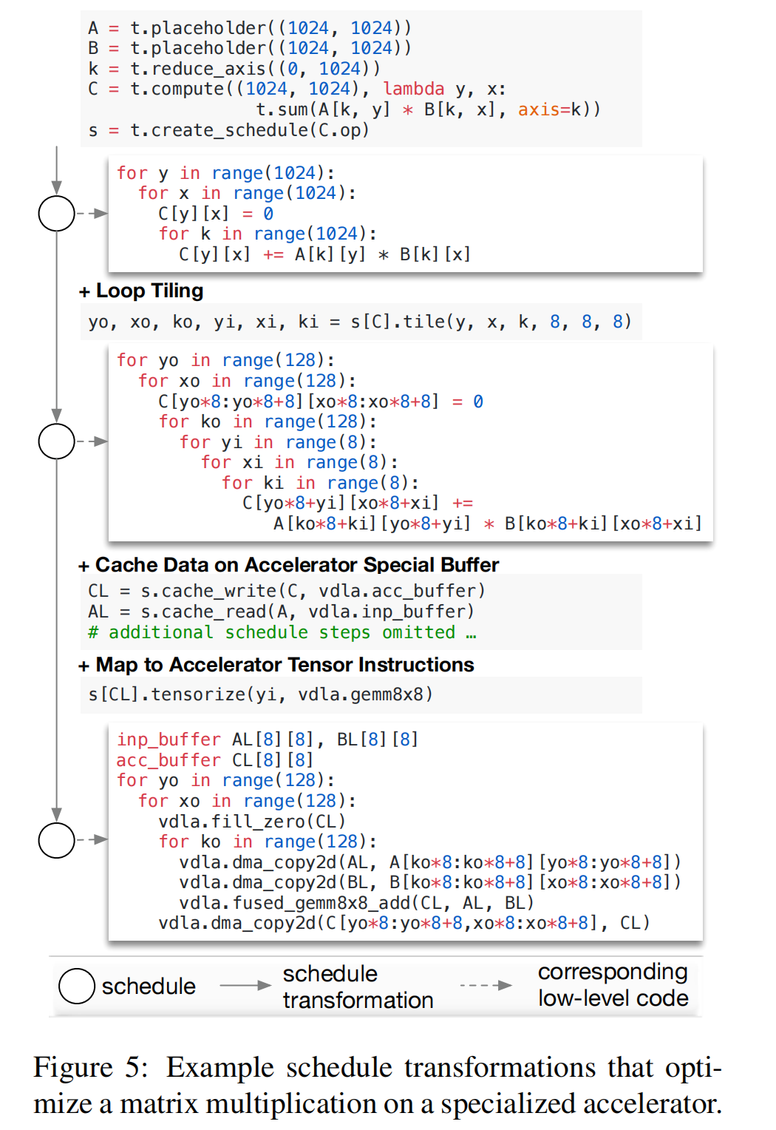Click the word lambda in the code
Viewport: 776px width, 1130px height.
pyautogui.click(x=413, y=89)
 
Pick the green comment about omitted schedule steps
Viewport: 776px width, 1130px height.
pyautogui.click(x=282, y=632)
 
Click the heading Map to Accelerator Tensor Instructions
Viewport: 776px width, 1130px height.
pyautogui.click(x=285, y=665)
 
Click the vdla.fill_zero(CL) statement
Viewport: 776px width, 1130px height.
pyautogui.click(x=252, y=822)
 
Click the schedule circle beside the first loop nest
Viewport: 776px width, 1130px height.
pyautogui.click(x=57, y=214)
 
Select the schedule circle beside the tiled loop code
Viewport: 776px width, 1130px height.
pyautogui.click(x=57, y=441)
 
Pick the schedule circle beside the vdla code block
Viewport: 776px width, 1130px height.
pyautogui.click(x=57, y=840)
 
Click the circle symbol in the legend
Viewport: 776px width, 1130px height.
pyautogui.click(x=77, y=986)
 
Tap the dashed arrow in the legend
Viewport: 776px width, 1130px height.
pyautogui.click(x=486, y=985)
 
